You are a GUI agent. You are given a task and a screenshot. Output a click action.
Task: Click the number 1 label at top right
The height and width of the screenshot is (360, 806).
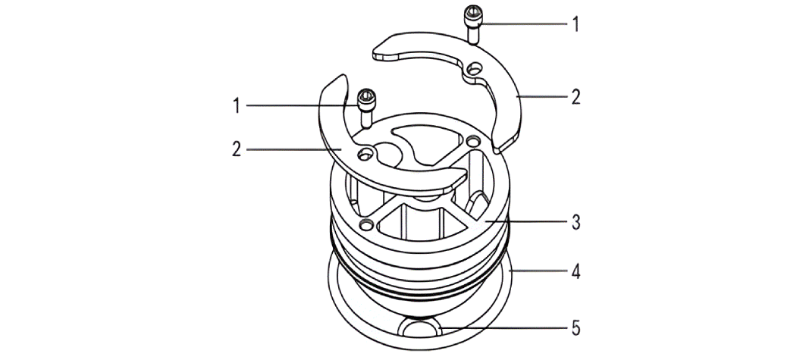point(575,24)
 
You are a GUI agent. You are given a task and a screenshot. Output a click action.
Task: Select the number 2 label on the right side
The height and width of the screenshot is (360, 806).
point(575,97)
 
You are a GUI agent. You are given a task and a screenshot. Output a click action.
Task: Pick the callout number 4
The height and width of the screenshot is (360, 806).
point(575,270)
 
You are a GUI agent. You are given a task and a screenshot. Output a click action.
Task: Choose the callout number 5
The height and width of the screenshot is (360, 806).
point(575,329)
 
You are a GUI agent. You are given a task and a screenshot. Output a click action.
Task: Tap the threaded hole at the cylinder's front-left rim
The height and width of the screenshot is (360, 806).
point(367,224)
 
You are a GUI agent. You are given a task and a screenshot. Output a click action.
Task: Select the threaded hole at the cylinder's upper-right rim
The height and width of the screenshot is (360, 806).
point(474,141)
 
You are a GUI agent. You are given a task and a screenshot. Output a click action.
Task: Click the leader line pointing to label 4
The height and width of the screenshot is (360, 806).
point(538,270)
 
